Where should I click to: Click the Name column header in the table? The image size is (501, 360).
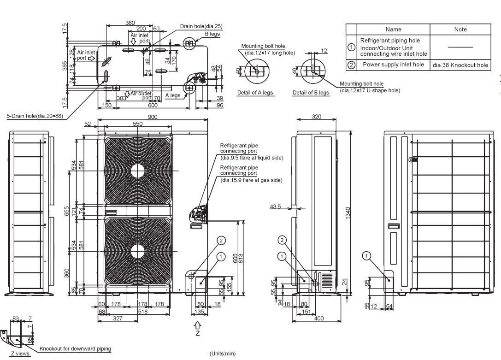[x=393, y=30]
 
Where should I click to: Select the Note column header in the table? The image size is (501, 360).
[x=460, y=30]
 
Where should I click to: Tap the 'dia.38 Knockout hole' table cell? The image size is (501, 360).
[x=460, y=65]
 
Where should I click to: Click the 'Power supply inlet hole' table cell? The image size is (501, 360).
[x=393, y=65]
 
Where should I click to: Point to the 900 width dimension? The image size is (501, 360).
[x=153, y=117]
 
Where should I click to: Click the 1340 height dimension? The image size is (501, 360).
[x=348, y=213]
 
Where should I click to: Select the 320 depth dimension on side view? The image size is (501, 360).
[x=316, y=117]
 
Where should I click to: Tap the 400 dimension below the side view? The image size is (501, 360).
[x=319, y=318]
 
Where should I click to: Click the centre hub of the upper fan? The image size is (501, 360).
[x=138, y=171]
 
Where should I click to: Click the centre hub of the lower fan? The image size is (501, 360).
[x=138, y=251]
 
